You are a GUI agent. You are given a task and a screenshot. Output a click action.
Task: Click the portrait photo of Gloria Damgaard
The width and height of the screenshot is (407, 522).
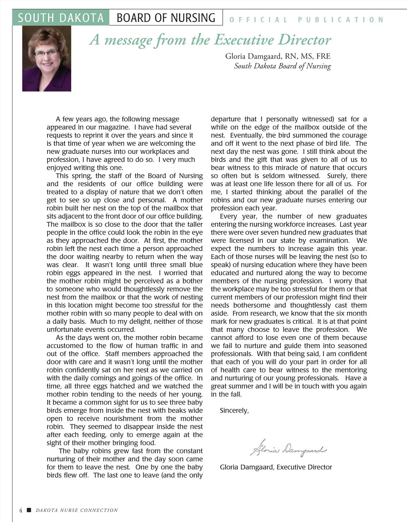(x=46, y=59)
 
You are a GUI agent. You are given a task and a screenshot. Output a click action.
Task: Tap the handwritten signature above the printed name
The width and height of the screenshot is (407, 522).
(x=288, y=448)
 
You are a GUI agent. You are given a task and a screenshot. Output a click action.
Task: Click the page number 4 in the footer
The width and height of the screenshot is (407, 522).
(x=20, y=510)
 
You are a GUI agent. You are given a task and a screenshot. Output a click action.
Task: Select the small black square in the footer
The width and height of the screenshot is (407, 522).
(x=29, y=510)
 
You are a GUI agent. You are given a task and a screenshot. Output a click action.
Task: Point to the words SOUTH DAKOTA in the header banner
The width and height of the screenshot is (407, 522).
(x=61, y=18)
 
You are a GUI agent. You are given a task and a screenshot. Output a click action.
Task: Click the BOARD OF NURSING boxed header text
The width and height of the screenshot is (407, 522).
(x=166, y=18)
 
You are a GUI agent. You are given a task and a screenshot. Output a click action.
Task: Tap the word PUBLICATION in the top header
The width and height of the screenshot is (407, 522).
(x=341, y=20)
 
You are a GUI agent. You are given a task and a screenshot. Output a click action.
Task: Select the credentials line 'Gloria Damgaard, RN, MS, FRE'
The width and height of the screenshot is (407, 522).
(x=278, y=56)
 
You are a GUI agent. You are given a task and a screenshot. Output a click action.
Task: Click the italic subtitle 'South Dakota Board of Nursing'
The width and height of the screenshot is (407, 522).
(x=282, y=66)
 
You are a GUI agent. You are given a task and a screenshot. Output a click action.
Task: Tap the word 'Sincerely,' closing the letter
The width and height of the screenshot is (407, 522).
(x=234, y=410)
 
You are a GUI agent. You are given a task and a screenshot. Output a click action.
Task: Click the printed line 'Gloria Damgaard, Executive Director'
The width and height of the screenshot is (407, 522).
(x=276, y=467)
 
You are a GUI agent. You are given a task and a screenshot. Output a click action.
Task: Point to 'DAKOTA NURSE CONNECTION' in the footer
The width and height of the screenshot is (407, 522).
(x=77, y=510)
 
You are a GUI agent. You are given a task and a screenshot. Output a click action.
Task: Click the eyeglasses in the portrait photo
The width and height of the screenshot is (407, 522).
(x=46, y=53)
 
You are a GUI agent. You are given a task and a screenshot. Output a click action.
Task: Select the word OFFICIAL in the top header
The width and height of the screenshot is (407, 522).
(x=258, y=20)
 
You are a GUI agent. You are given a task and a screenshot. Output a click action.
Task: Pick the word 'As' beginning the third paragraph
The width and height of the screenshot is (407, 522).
(x=60, y=338)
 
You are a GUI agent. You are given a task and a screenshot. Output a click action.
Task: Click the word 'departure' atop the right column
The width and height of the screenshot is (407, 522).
(x=226, y=119)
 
